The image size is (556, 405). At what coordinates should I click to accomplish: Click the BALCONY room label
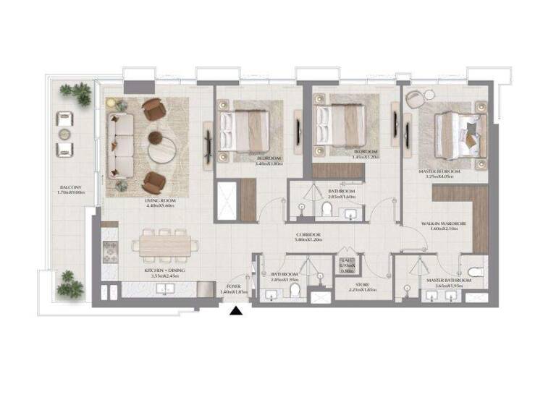point(71,187)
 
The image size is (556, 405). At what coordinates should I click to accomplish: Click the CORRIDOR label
point(308,236)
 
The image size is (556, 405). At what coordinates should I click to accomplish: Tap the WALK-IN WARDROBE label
point(444,225)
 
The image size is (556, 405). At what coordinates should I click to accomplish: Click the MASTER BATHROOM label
point(445,279)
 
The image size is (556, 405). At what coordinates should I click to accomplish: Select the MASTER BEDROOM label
point(440,170)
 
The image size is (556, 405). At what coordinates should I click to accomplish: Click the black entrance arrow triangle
point(236,312)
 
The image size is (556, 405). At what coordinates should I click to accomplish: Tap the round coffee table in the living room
point(161,150)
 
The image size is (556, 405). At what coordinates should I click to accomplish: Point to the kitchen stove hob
point(110,252)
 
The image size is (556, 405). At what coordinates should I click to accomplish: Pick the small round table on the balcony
point(65,135)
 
